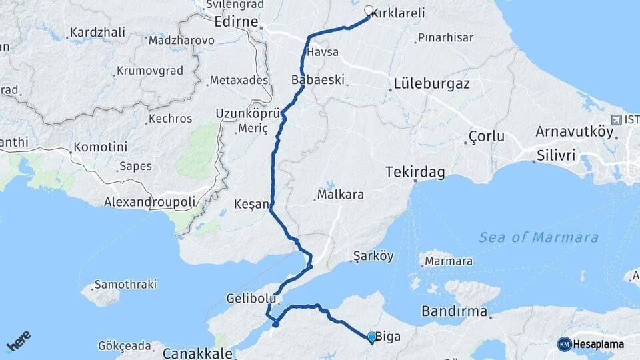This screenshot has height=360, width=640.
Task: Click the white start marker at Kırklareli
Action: point(369,11)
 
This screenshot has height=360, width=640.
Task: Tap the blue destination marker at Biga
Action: point(371,337)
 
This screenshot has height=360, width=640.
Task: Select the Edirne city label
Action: point(237,22)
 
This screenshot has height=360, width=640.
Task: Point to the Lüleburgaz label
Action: point(431,85)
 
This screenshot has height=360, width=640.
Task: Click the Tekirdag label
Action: point(415,172)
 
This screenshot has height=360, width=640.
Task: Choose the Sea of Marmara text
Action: point(539,237)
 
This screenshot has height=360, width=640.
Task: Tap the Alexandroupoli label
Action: point(150,201)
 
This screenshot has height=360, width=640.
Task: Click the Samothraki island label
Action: point(125,285)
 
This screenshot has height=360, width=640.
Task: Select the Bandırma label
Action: point(455,311)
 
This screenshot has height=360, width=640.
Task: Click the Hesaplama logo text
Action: point(598,345)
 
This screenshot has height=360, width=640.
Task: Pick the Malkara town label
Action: point(341,195)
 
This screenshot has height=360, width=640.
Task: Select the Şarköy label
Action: point(373,256)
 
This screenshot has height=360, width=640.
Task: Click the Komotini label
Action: point(100,147)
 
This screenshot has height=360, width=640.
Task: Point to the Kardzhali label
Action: point(97,33)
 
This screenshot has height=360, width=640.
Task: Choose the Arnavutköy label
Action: point(574,131)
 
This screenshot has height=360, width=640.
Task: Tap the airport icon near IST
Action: point(614,119)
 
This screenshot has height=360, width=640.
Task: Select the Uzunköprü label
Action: point(246,113)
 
